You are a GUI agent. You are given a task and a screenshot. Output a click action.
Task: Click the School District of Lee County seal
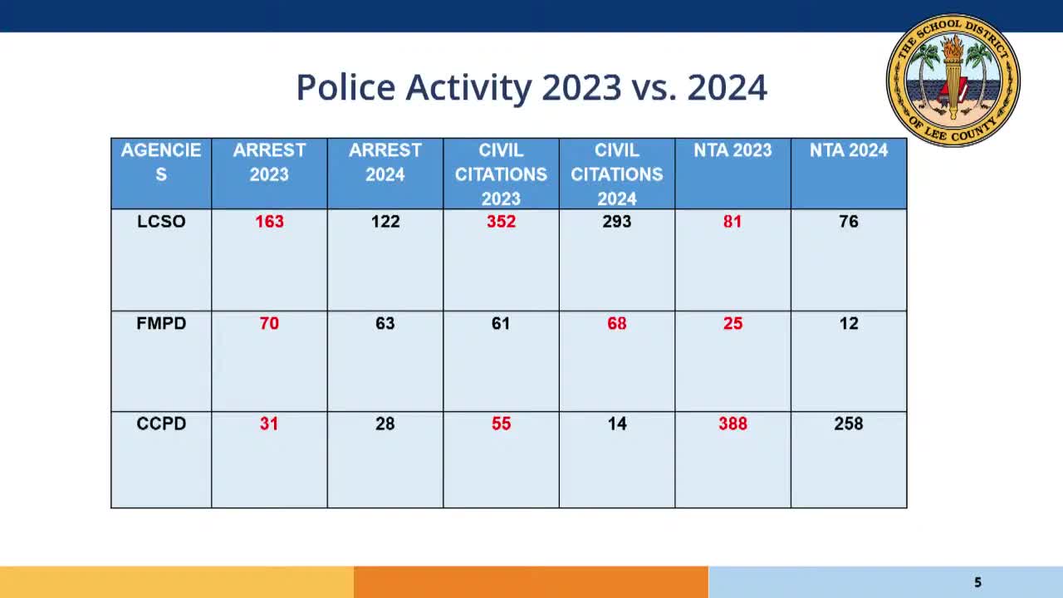tap(953, 80)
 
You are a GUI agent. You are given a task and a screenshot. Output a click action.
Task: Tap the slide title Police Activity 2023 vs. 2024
tap(531, 87)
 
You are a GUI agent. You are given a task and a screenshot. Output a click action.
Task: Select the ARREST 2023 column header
tap(269, 163)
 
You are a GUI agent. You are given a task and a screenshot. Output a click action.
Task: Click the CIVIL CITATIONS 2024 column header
tap(616, 174)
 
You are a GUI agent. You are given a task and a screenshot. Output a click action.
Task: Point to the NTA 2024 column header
tap(848, 150)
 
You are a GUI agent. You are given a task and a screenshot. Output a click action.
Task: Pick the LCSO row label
tap(161, 222)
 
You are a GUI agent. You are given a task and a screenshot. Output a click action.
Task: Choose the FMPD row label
tap(161, 323)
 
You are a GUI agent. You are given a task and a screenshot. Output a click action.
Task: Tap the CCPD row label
tap(161, 424)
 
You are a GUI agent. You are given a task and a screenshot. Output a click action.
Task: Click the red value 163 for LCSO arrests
tap(269, 222)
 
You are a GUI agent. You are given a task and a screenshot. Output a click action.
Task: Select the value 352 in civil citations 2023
tap(501, 222)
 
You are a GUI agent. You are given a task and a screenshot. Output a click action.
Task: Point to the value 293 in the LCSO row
tap(616, 222)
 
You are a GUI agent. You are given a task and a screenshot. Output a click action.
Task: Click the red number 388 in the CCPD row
tap(732, 424)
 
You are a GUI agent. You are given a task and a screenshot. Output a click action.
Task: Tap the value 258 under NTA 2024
tap(848, 424)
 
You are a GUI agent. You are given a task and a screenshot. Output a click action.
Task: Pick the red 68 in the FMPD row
tap(616, 323)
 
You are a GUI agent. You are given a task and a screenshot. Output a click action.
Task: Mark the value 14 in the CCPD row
tap(616, 424)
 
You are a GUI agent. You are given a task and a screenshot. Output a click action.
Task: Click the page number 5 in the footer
tap(977, 582)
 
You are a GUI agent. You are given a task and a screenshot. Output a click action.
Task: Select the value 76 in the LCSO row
tap(848, 222)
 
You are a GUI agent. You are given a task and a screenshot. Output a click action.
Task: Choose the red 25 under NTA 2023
tap(732, 323)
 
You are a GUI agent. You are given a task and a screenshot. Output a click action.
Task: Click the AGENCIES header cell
tap(161, 163)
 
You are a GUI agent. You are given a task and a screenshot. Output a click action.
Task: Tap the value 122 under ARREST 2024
tap(385, 222)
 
